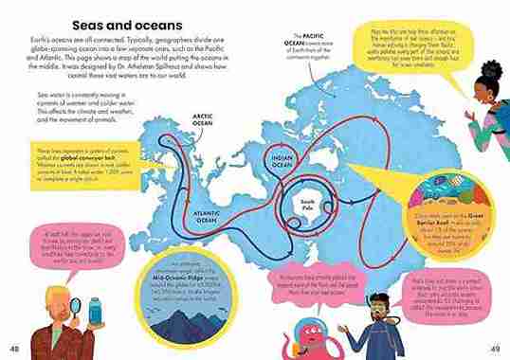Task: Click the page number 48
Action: (x=14, y=348)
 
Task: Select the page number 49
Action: (x=494, y=348)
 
